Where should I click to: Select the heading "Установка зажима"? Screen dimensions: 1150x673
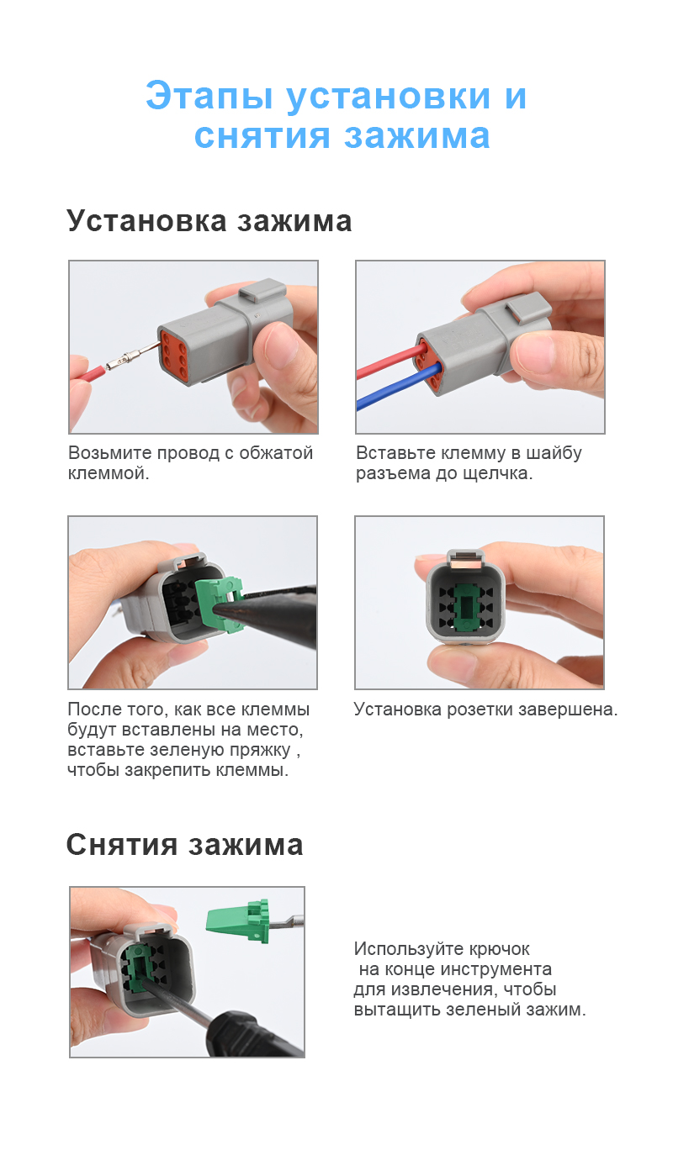(209, 221)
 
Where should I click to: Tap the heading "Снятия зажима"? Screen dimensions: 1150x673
(184, 844)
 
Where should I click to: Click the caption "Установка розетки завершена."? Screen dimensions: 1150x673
(485, 710)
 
